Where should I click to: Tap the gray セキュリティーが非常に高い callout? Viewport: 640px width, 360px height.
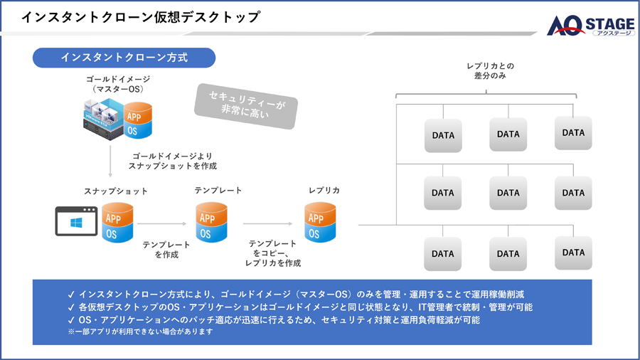coord(246,105)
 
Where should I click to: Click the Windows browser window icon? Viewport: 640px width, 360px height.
coord(76,221)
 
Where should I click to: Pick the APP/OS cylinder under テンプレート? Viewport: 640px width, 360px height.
coord(211,223)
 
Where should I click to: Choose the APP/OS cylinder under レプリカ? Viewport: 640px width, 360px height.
coord(321,223)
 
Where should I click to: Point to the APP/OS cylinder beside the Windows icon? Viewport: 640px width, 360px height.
coord(117,223)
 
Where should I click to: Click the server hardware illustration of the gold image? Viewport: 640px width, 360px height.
coord(101,118)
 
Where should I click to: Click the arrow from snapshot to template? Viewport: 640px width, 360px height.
coord(164,223)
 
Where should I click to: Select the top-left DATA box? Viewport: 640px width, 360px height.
coord(442,134)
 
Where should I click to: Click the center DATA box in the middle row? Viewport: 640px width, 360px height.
coord(508,193)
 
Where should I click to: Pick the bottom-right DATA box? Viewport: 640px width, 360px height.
coord(573,253)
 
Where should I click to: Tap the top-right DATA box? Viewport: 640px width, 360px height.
coord(573,132)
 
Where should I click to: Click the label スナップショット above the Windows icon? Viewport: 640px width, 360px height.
coord(116,191)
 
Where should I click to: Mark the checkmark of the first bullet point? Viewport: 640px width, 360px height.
coord(70,294)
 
